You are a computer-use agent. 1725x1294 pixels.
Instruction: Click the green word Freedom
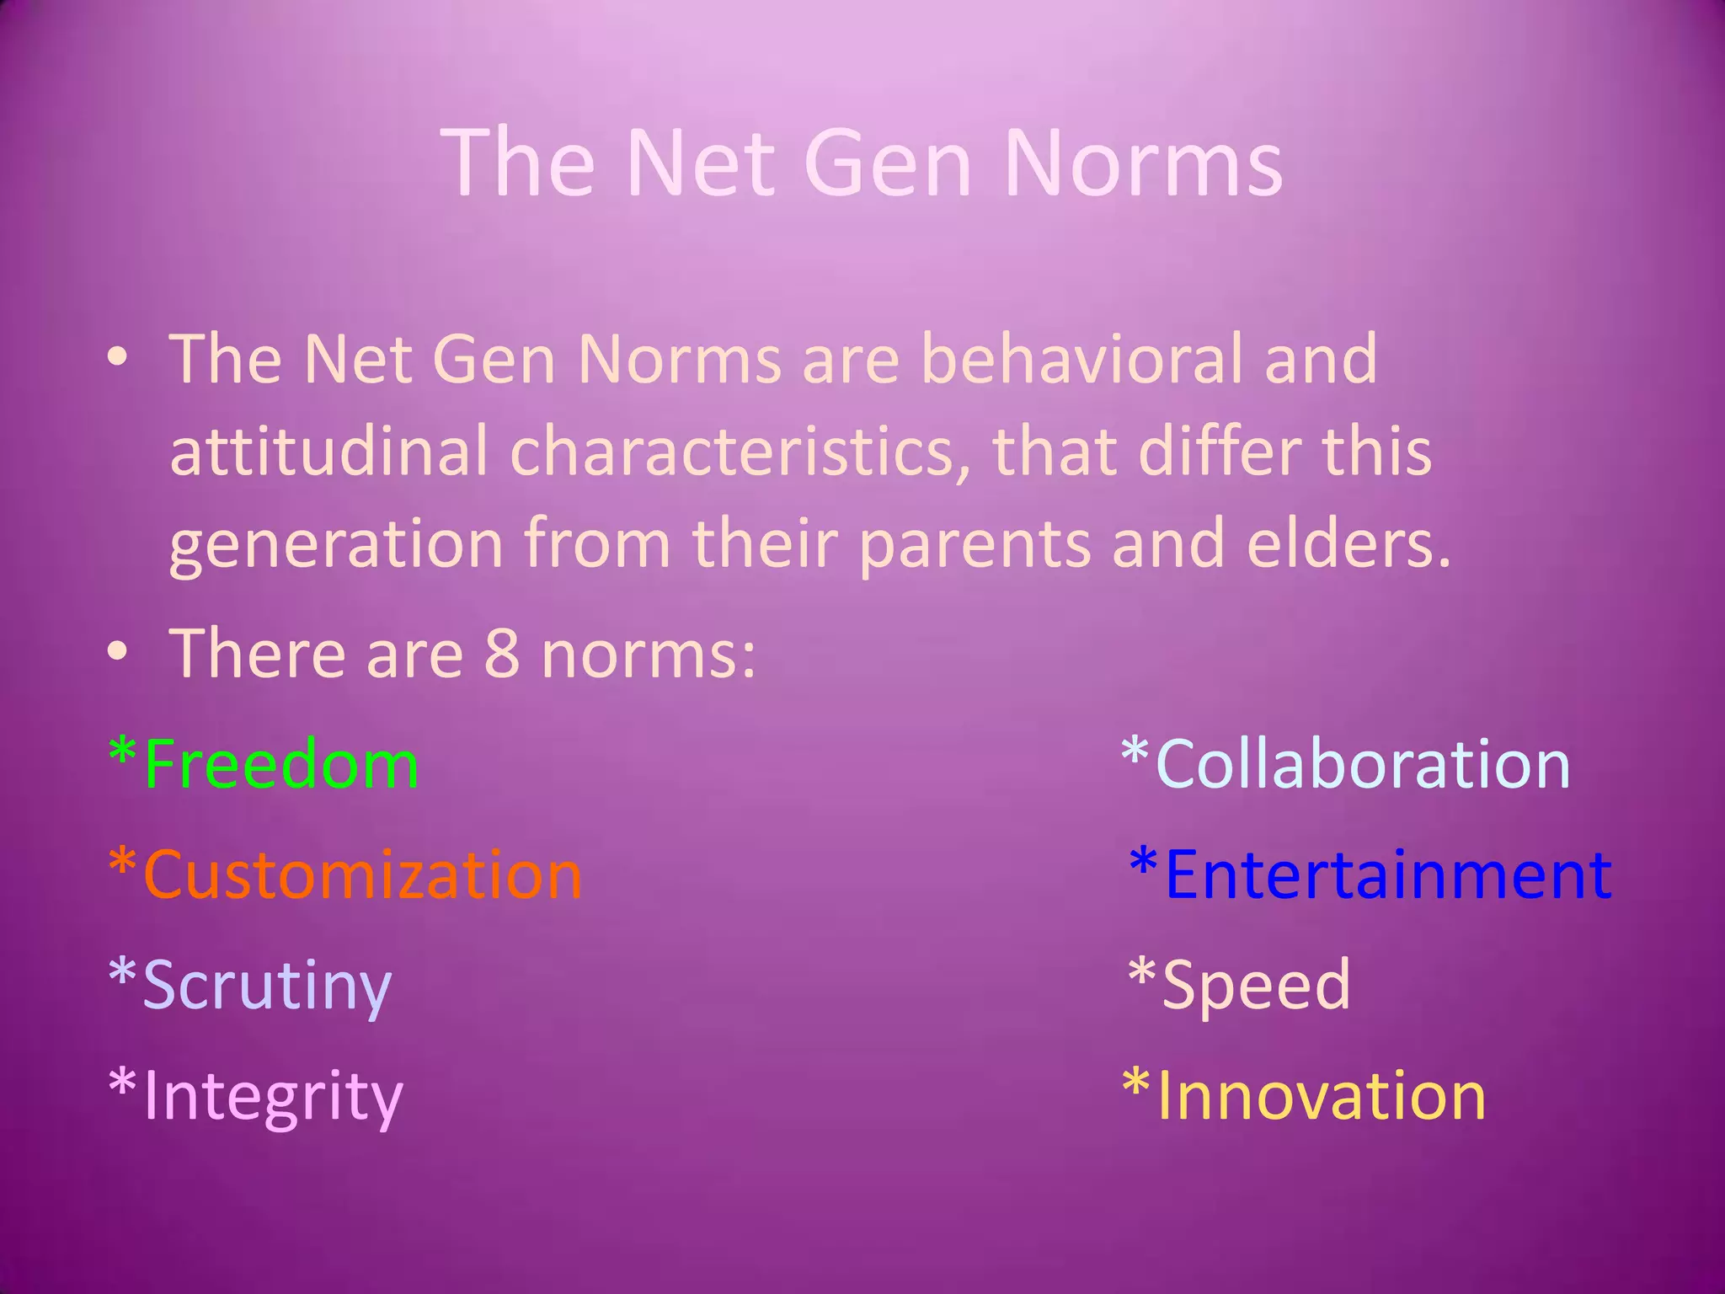(x=281, y=764)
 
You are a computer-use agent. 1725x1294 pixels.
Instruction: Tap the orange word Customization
(x=362, y=874)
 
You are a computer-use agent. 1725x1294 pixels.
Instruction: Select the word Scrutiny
(x=267, y=985)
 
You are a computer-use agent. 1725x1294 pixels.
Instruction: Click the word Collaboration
(x=1363, y=764)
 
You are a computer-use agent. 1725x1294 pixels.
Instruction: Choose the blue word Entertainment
(x=1387, y=874)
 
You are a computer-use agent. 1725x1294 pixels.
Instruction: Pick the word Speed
(x=1256, y=985)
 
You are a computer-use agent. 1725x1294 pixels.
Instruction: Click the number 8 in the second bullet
(x=502, y=654)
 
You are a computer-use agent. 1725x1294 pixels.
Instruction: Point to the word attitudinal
(x=328, y=451)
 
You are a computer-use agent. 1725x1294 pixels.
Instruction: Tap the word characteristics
(x=731, y=451)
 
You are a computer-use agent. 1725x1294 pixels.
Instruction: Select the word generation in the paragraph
(x=336, y=544)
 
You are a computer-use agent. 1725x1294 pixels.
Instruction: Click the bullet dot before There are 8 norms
(x=118, y=650)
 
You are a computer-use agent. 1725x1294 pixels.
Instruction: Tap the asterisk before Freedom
(x=123, y=752)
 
